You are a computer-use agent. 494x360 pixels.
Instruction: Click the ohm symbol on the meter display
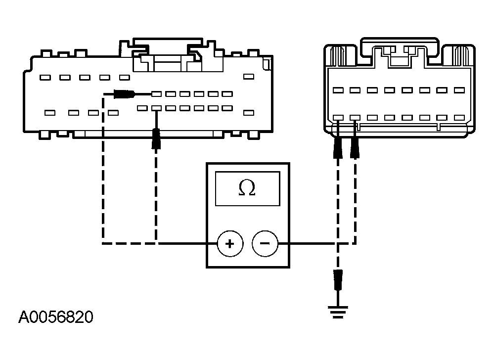point(247,188)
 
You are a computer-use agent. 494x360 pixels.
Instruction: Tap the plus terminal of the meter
point(229,243)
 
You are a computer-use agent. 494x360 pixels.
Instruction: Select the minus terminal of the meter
point(265,243)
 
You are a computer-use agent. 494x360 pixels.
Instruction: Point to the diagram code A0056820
point(55,317)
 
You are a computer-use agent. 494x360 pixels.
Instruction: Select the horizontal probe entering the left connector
point(124,93)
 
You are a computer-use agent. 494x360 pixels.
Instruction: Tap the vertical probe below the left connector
point(156,138)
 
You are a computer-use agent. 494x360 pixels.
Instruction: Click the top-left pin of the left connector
point(45,78)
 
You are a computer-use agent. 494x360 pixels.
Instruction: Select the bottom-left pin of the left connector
point(49,113)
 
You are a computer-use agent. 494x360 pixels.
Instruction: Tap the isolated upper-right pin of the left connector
point(249,78)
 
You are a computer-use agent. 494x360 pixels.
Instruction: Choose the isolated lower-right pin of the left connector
point(249,113)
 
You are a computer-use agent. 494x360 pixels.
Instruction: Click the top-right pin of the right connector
point(459,90)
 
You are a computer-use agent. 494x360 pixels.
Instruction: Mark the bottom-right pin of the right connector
point(459,118)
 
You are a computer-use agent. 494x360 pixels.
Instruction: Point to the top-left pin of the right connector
point(338,90)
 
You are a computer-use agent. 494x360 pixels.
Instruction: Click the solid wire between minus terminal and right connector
point(307,243)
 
